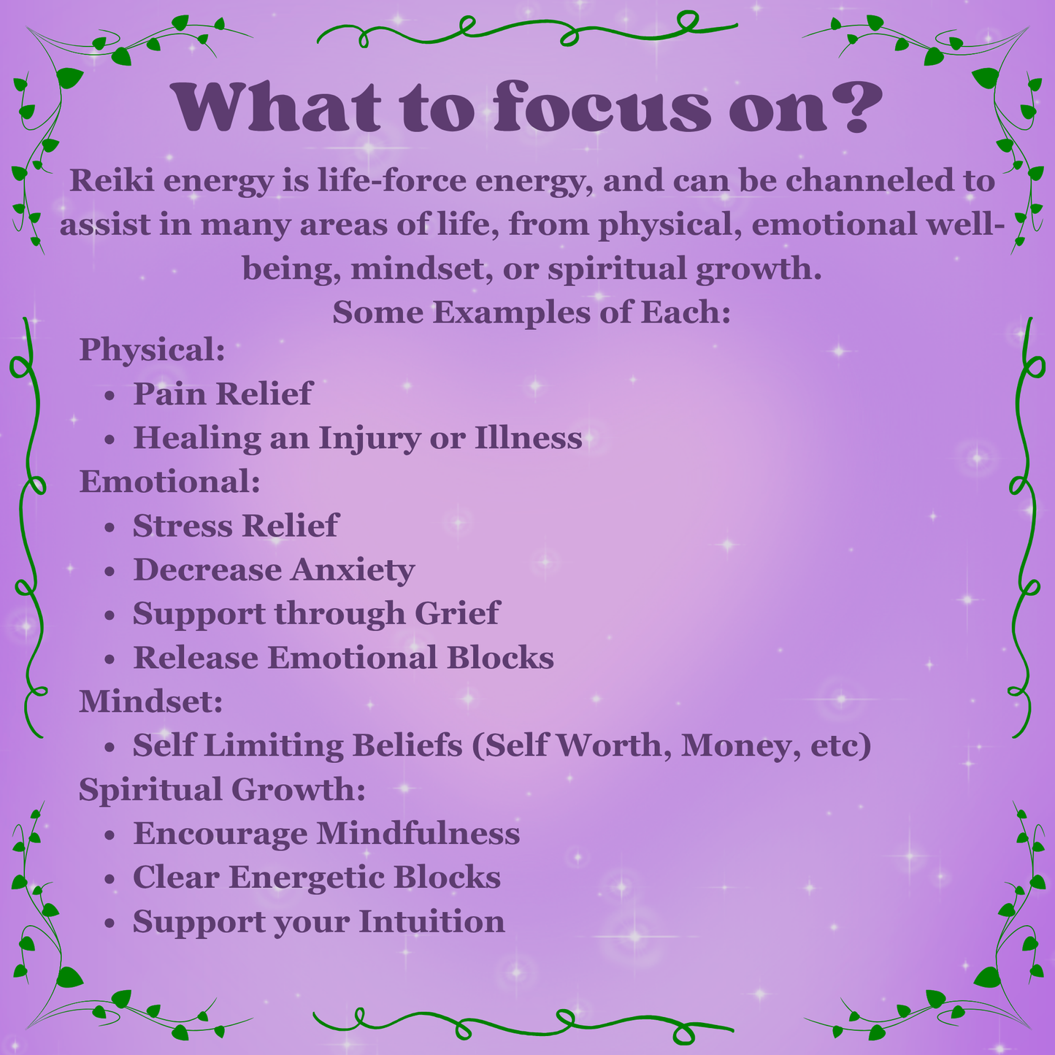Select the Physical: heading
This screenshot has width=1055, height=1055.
(x=152, y=350)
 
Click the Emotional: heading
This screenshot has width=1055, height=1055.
(x=169, y=481)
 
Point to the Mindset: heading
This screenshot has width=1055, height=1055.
(x=150, y=701)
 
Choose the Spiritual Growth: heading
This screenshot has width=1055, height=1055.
(x=222, y=789)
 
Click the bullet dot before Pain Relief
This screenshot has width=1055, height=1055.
(x=110, y=395)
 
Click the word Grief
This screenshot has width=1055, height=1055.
(x=457, y=613)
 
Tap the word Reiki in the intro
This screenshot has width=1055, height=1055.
(x=110, y=180)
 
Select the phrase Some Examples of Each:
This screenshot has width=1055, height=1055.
(x=532, y=312)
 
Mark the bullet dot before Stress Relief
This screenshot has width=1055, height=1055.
(x=110, y=527)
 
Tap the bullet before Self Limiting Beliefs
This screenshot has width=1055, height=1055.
(x=110, y=747)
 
